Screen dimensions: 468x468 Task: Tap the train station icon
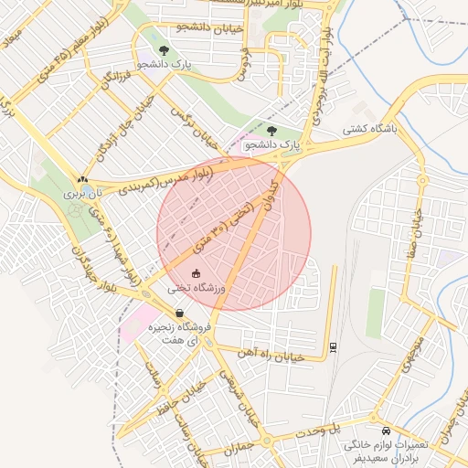333,346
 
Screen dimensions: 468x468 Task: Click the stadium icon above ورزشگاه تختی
197,272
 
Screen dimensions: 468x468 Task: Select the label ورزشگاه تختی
197,288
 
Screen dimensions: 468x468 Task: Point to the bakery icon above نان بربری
83,179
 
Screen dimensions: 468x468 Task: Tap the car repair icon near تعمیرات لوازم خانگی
385,430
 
